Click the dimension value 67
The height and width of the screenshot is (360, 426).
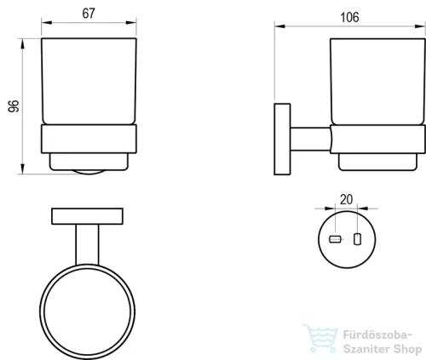pyautogui.click(x=89, y=14)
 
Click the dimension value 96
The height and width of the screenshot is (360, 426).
pyautogui.click(x=14, y=106)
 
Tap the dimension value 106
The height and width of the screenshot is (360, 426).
pyautogui.click(x=349, y=17)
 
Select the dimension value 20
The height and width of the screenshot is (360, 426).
pyautogui.click(x=346, y=199)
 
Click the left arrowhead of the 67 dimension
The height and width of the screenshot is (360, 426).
pyautogui.click(x=47, y=22)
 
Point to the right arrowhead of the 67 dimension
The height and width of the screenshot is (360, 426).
pyautogui.click(x=131, y=22)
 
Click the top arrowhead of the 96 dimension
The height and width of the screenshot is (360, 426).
pyautogui.click(x=22, y=43)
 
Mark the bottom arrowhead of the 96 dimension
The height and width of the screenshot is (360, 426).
pyautogui.click(x=22, y=169)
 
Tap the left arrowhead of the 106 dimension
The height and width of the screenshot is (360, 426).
pyautogui.click(x=279, y=26)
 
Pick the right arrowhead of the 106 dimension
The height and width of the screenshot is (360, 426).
pyautogui.click(x=420, y=26)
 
